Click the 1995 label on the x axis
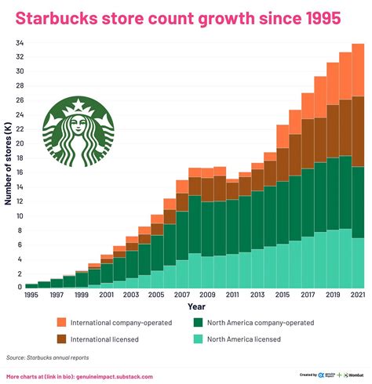coord(31,295)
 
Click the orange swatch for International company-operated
coord(60,322)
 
